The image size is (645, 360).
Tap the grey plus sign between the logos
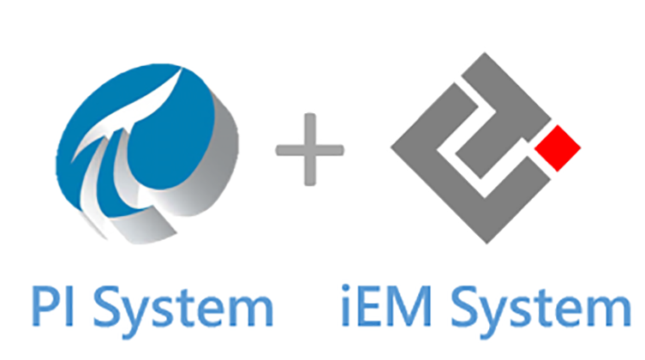tap(309, 151)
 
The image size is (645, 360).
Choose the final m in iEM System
tap(615, 313)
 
